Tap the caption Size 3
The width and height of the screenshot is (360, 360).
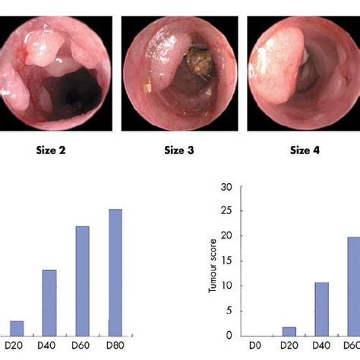(179, 150)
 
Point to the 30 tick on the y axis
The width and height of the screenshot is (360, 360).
(226, 186)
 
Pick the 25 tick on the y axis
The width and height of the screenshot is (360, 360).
(226, 211)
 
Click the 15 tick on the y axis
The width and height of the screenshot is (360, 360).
(226, 261)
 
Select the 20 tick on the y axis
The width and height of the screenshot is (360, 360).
(226, 236)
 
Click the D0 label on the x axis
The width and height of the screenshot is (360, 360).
(254, 346)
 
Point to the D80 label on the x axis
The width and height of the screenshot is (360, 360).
(114, 346)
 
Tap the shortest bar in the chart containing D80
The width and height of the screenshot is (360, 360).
(16, 327)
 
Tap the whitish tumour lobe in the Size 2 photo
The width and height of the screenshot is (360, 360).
(42, 52)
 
